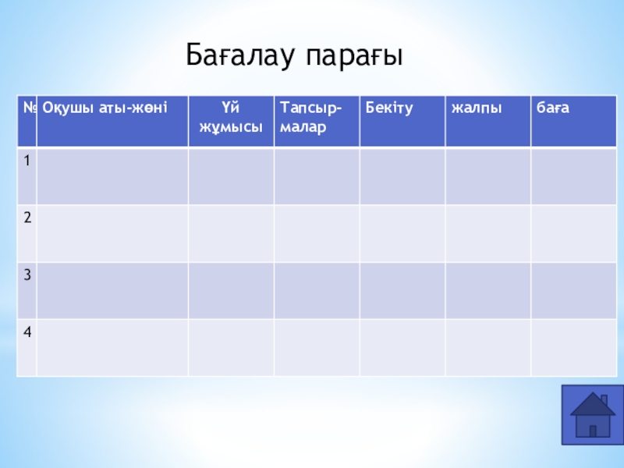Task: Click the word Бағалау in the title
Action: click(x=240, y=55)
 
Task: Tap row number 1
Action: click(x=27, y=161)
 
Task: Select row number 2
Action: click(x=27, y=218)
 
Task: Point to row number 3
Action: click(x=27, y=275)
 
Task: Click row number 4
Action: click(x=27, y=332)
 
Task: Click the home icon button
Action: click(x=593, y=415)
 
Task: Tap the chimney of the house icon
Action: click(x=604, y=399)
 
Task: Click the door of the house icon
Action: click(x=593, y=431)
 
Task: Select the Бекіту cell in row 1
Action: click(x=402, y=176)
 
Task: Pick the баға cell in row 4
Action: click(x=574, y=347)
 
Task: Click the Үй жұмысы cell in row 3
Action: click(x=231, y=290)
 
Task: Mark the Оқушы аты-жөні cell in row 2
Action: click(x=112, y=233)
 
